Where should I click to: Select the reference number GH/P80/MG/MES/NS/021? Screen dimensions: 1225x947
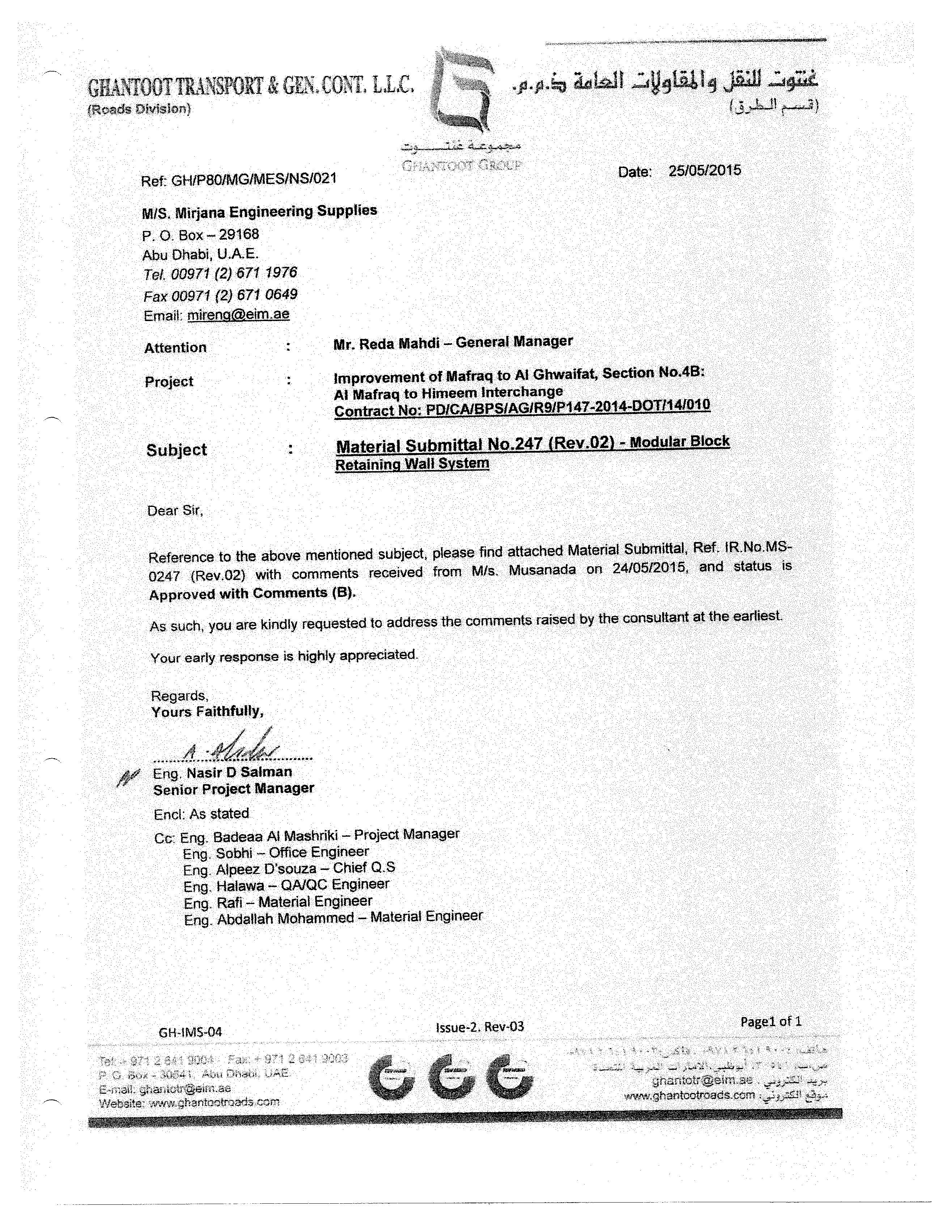coord(254,179)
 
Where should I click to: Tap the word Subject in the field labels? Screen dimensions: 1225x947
coord(177,450)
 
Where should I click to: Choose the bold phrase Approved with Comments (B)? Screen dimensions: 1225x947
coord(252,593)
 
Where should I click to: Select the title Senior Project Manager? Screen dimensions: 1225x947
coord(233,789)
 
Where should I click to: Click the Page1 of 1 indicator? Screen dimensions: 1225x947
coord(771,1021)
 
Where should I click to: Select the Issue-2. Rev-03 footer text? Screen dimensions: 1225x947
coord(480,1026)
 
